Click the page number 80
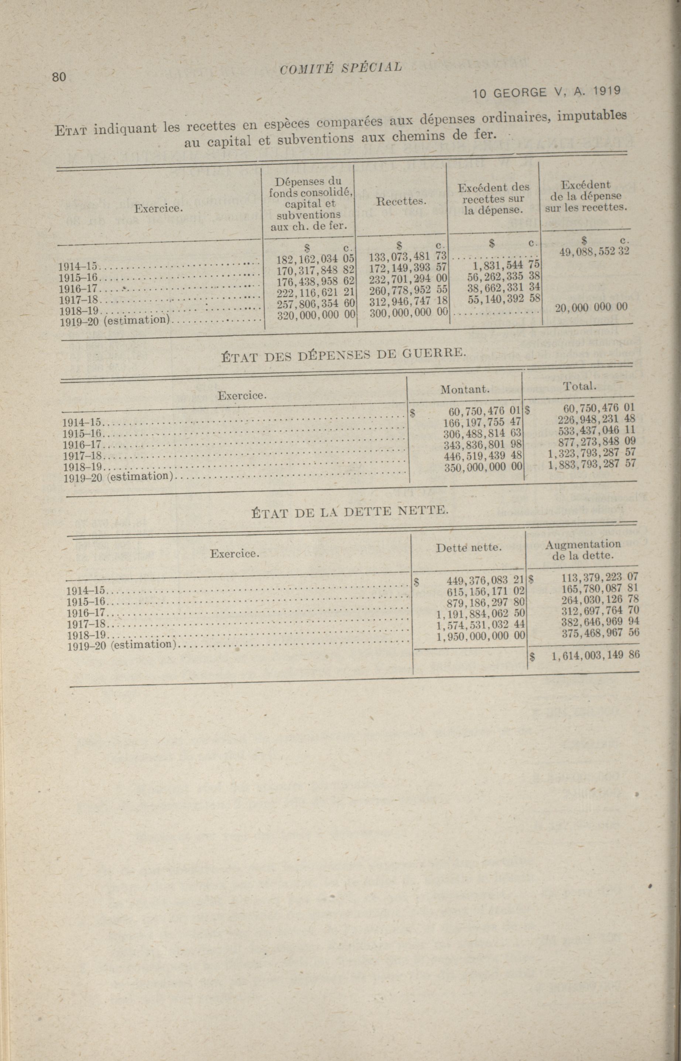click(x=59, y=77)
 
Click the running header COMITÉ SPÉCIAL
click(x=341, y=68)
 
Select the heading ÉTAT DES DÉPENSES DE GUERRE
click(x=343, y=354)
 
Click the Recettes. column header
click(x=401, y=201)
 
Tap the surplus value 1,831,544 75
click(x=504, y=265)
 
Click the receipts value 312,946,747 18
click(x=407, y=301)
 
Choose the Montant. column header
click(x=464, y=389)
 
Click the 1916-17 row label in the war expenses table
click(x=83, y=445)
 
